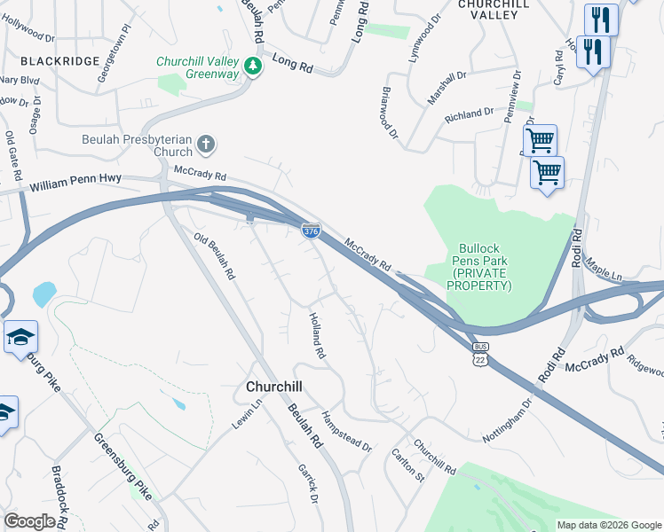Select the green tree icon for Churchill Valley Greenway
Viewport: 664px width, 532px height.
[253, 66]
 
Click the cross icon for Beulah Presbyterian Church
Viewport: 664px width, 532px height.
[206, 144]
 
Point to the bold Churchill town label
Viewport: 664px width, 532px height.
[273, 387]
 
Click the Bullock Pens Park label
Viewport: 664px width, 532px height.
[481, 267]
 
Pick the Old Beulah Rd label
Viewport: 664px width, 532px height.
[214, 257]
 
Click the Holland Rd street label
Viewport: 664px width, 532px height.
[317, 334]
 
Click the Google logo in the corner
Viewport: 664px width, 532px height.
[30, 520]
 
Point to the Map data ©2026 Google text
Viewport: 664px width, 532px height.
[608, 525]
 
